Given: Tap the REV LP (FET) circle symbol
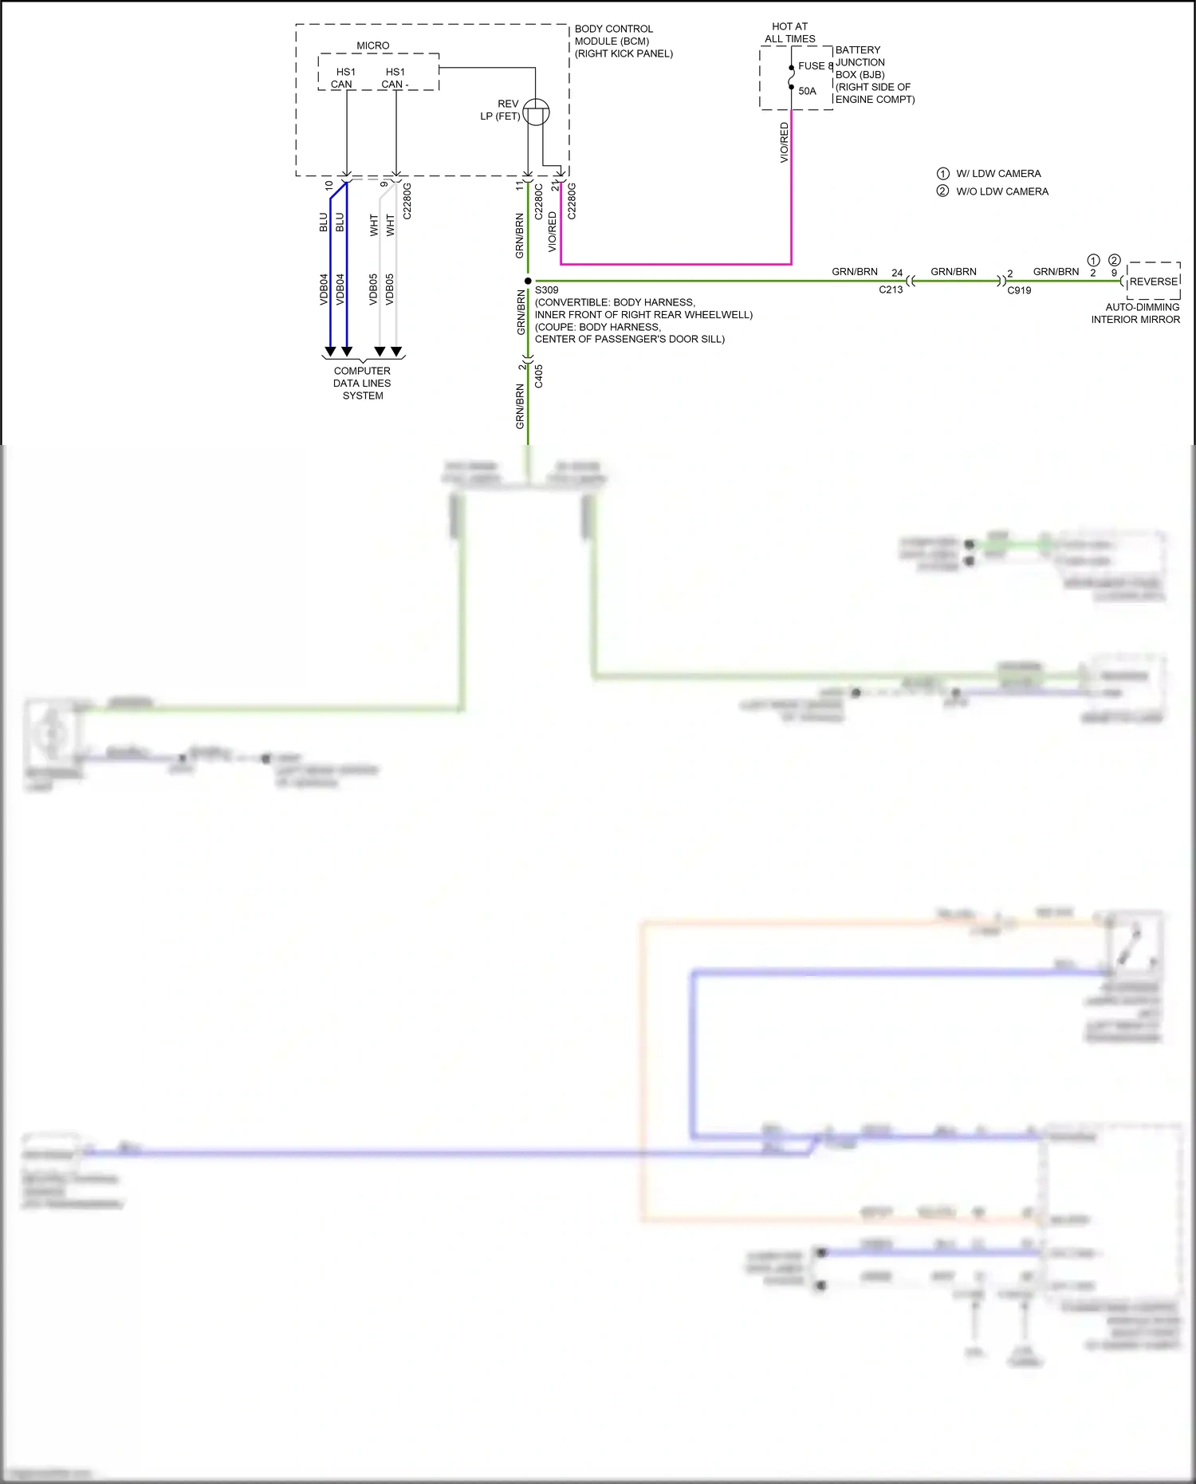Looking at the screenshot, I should (537, 112).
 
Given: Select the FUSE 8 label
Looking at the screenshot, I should (815, 66).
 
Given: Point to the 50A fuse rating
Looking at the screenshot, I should (807, 91).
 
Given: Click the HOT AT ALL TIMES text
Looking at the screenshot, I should (789, 33).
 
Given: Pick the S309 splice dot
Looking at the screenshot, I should (528, 281).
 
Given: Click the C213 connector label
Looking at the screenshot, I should (891, 289).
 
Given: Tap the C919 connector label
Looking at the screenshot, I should (1019, 290).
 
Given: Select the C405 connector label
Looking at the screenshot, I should (539, 376).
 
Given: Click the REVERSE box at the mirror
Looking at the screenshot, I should (1153, 281).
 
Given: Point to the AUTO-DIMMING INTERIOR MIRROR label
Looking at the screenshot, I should (1136, 313).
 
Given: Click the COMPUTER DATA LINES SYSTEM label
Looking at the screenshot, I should (362, 383).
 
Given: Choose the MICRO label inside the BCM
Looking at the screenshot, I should (373, 45).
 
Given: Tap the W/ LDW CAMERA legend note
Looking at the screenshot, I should (998, 174).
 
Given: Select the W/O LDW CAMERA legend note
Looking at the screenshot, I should (1002, 191).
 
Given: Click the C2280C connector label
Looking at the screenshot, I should (539, 202).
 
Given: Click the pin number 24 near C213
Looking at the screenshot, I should (897, 273).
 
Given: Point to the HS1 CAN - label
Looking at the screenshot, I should (395, 78).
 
